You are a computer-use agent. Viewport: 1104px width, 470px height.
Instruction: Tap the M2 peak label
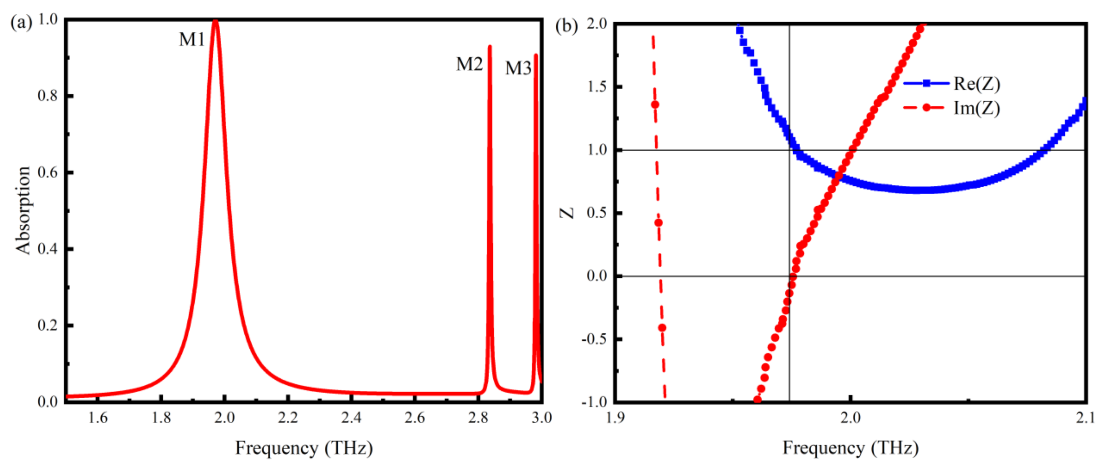pyautogui.click(x=469, y=64)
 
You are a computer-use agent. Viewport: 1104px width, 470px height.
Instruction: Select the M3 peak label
pyautogui.click(x=518, y=68)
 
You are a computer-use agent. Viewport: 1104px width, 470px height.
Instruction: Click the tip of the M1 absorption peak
pyautogui.click(x=216, y=21)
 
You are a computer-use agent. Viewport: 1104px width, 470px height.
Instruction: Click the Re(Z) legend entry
pyautogui.click(x=976, y=84)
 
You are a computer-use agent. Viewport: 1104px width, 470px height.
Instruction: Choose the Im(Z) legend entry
pyautogui.click(x=976, y=108)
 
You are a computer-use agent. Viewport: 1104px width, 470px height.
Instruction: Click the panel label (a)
pyautogui.click(x=21, y=22)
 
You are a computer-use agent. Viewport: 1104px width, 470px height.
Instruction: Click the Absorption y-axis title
pyautogui.click(x=23, y=210)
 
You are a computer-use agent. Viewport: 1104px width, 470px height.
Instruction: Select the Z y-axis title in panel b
pyautogui.click(x=567, y=212)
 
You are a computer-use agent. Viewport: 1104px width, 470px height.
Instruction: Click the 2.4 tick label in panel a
pyautogui.click(x=351, y=417)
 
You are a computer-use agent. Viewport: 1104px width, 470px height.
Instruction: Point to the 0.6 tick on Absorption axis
pyautogui.click(x=47, y=172)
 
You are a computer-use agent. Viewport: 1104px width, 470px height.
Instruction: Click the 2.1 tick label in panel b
pyautogui.click(x=1085, y=417)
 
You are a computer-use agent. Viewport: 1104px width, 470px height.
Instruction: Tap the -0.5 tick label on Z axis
pyautogui.click(x=594, y=339)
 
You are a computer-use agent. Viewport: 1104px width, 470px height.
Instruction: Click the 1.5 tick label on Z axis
pyautogui.click(x=597, y=87)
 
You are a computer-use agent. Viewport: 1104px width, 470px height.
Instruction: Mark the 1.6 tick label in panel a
pyautogui.click(x=98, y=417)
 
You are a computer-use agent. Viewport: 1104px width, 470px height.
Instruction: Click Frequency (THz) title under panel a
pyautogui.click(x=304, y=448)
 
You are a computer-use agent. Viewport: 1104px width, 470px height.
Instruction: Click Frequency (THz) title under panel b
pyautogui.click(x=851, y=448)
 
